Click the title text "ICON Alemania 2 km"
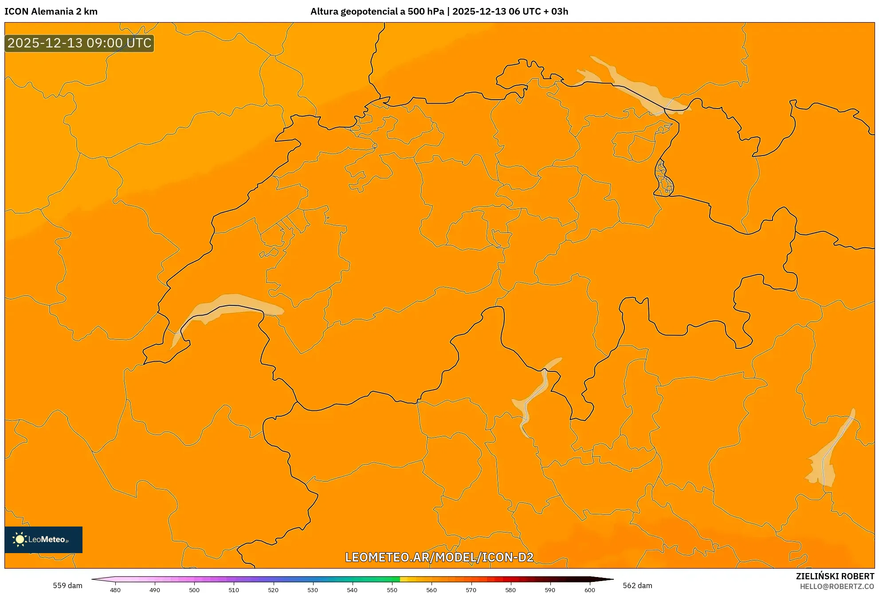[51, 12]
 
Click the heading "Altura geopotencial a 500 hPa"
[377, 12]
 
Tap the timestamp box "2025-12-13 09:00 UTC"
[79, 43]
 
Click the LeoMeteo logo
[43, 539]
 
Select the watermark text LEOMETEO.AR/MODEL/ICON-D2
[439, 557]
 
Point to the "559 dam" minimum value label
[67, 585]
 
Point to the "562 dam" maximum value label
[637, 585]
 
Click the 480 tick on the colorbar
[115, 589]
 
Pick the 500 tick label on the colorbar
[194, 589]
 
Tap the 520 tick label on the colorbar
[273, 589]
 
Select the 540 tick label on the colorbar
[352, 589]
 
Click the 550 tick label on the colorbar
[392, 589]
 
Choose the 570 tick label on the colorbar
[471, 589]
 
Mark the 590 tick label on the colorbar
[550, 589]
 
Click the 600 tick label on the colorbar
[589, 589]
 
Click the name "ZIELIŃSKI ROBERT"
[835, 576]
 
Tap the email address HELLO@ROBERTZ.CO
[837, 586]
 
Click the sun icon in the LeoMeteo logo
[20, 539]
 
